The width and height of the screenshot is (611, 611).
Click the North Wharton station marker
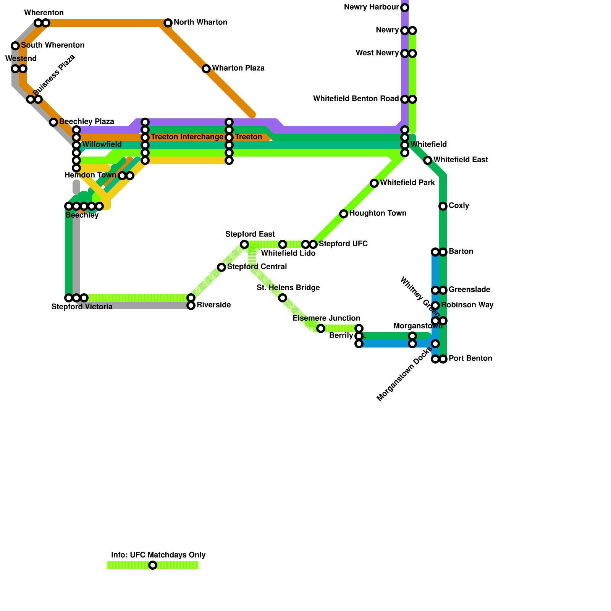tap(168, 23)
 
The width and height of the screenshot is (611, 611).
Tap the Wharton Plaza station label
tap(238, 68)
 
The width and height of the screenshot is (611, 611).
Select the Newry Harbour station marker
tap(405, 8)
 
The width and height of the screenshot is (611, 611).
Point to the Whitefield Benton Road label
tap(356, 99)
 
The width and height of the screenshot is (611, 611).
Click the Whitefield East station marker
tap(428, 160)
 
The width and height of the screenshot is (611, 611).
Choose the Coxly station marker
tap(443, 206)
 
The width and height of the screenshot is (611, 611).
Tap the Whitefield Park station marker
tap(374, 183)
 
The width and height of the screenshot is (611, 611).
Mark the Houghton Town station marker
tap(344, 214)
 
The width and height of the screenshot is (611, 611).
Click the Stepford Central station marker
tap(221, 267)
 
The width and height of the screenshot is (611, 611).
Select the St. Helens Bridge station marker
tap(283, 298)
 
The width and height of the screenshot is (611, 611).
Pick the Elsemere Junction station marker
tap(321, 328)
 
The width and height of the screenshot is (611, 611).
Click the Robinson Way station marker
tap(435, 305)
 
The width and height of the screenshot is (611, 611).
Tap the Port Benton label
tap(470, 359)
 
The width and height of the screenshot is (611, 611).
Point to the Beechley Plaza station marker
tap(53, 122)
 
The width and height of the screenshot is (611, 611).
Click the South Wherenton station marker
tap(15, 46)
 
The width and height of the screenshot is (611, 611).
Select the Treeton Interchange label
tap(187, 137)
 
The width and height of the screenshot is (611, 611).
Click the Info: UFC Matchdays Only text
tap(158, 555)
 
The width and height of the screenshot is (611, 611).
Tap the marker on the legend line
tap(153, 565)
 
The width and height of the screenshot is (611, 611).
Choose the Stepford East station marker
tap(244, 244)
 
